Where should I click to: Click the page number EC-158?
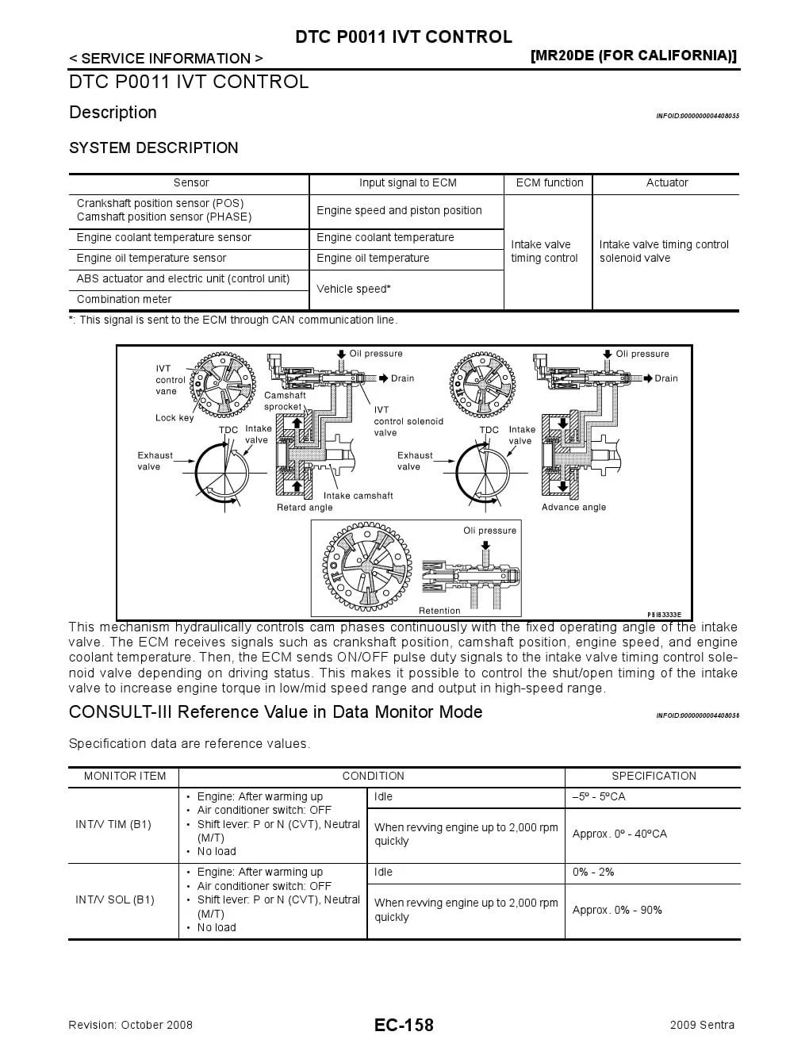(x=404, y=1025)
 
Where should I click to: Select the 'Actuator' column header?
(x=666, y=182)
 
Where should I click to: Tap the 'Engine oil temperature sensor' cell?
(x=151, y=258)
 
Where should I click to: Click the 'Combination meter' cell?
(x=124, y=299)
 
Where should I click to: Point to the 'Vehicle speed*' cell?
(x=354, y=289)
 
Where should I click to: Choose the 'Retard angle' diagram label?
(x=305, y=508)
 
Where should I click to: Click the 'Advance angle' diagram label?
(x=573, y=508)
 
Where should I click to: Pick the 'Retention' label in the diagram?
(x=439, y=611)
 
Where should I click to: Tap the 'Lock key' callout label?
(x=174, y=418)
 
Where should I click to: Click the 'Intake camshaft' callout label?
(x=358, y=496)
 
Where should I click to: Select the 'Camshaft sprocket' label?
(x=284, y=401)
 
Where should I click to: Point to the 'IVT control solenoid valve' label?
(x=408, y=421)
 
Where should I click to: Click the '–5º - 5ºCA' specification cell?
(x=599, y=796)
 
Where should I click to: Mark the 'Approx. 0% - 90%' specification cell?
(x=617, y=910)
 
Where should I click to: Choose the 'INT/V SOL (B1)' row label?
(x=115, y=899)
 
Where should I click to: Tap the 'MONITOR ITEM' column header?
(x=125, y=776)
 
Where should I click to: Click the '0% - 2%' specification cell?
(x=593, y=872)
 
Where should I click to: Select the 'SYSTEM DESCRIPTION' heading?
(x=154, y=148)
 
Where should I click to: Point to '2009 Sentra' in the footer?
(x=702, y=1025)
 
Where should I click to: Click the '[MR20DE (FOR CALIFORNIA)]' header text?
(x=633, y=56)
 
